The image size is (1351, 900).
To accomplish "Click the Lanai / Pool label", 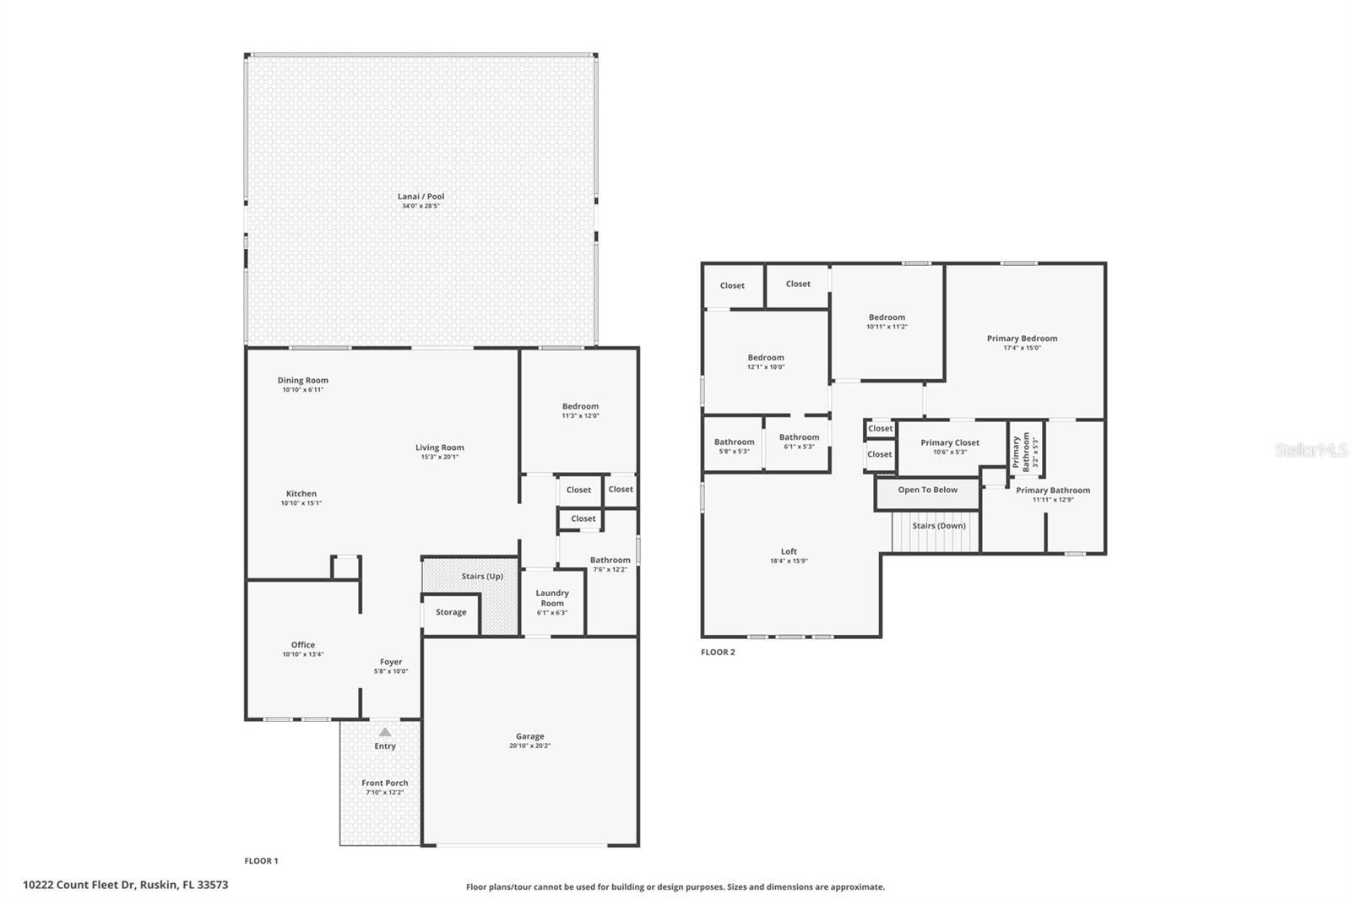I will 420,197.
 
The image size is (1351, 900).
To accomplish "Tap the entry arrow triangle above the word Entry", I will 385,733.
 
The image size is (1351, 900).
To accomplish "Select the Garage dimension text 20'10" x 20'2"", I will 529,746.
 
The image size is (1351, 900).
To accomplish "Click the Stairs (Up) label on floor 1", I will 482,577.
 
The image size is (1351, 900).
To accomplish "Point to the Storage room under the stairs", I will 451,612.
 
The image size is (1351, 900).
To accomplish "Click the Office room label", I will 302,645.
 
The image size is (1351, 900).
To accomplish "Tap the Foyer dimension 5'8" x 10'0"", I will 390,672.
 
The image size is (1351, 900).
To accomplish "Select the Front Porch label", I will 384,783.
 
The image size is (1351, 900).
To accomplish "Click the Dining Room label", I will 302,381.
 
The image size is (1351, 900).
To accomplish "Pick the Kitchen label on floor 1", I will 301,494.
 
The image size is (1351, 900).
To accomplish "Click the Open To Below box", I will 927,491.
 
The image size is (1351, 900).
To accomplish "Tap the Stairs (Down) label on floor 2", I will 938,526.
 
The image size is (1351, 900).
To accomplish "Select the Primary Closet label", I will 950,442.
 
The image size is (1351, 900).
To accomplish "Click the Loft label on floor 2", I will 789,551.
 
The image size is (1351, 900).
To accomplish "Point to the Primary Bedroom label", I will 1022,339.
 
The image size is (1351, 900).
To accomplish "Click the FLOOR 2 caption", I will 718,653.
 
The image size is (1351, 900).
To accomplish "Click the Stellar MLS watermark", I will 1310,451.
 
